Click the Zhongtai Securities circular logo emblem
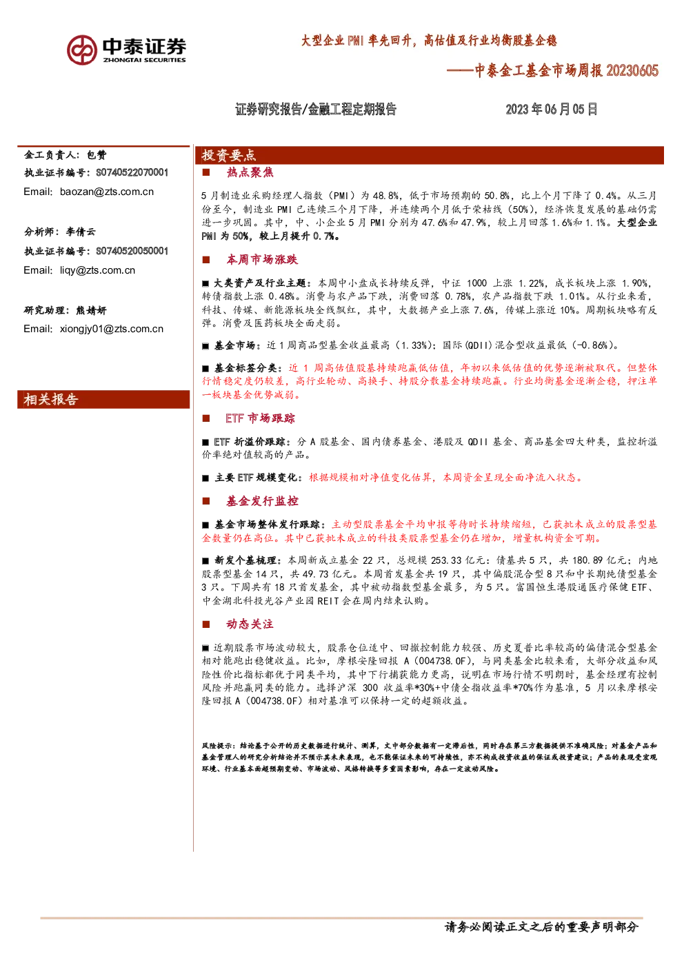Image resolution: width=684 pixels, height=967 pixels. coord(81,50)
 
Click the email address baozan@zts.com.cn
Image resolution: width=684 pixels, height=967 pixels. coord(107,192)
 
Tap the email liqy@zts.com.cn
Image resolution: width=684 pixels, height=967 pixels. coord(97,270)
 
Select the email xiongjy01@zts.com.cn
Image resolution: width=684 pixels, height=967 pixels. coord(112,329)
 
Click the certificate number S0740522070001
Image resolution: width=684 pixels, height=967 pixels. coord(132,173)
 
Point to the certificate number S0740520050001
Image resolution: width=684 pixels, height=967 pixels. coord(132,251)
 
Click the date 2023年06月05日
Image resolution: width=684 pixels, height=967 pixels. coord(552,109)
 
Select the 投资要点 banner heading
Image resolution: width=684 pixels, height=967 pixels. coord(228,155)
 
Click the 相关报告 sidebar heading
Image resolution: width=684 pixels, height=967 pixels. coord(50,399)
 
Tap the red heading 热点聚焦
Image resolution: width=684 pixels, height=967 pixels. coord(250,173)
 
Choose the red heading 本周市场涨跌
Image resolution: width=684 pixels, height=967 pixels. coord(262,259)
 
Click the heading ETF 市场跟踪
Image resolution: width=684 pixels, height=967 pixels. coord(261,418)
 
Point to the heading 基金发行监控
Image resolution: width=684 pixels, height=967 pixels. coord(262,501)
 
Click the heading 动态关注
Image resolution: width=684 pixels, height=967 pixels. coord(250,624)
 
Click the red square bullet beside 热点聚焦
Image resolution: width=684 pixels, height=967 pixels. coord(206,173)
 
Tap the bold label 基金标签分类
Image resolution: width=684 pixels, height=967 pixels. coord(245,368)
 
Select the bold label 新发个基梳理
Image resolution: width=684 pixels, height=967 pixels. coord(245,560)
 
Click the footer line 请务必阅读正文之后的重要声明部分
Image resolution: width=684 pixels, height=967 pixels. coord(541,927)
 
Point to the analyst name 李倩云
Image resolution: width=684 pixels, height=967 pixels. coord(81,232)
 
